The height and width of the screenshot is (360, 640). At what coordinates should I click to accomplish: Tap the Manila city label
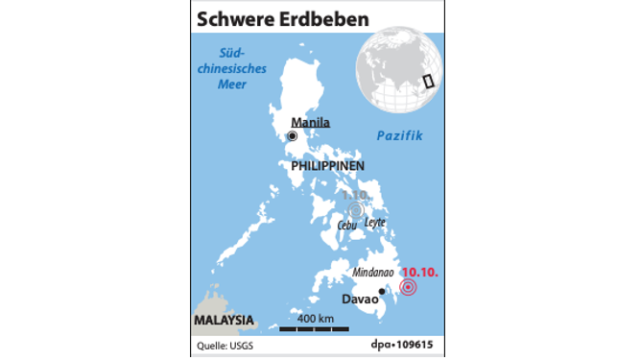pyautogui.click(x=310, y=123)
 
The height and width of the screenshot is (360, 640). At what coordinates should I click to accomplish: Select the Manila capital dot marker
pyautogui.click(x=292, y=136)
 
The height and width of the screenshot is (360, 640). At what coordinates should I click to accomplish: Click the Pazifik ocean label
pyautogui.click(x=399, y=136)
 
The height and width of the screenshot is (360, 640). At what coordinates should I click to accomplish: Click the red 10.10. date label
pyautogui.click(x=419, y=273)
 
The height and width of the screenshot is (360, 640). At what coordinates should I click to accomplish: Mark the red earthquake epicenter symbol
pyautogui.click(x=409, y=287)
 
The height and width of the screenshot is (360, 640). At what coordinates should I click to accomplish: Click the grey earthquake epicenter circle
pyautogui.click(x=357, y=209)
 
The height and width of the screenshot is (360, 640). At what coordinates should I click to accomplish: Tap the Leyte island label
pyautogui.click(x=375, y=222)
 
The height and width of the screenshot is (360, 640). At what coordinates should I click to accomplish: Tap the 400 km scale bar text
pyautogui.click(x=315, y=319)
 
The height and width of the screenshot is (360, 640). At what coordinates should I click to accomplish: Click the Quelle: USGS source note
pyautogui.click(x=219, y=346)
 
